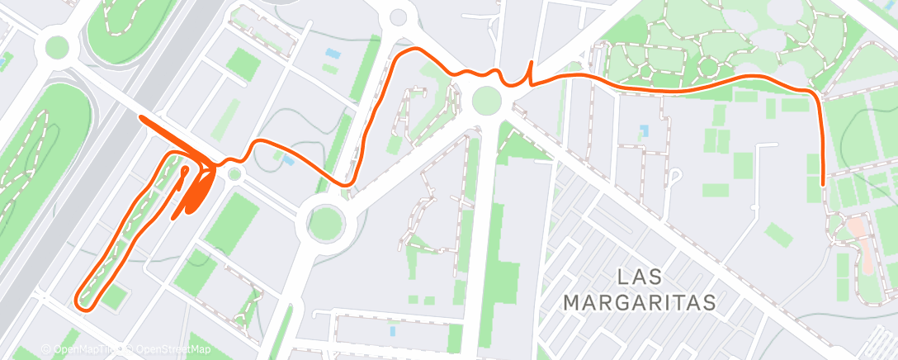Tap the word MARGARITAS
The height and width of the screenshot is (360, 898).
640,302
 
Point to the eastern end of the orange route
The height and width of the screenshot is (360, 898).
823,183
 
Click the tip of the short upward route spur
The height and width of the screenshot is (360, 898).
530,63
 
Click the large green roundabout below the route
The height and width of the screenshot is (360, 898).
324,221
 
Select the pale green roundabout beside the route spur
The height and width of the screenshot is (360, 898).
486,102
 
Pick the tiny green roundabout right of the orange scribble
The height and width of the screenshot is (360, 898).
234,173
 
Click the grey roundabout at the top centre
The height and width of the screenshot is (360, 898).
399,17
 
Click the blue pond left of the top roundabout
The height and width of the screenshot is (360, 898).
332,54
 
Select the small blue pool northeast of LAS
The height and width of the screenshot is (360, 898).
644,130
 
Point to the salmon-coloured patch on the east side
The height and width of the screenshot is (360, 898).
859,226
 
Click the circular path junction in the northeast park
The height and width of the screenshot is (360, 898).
708,66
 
